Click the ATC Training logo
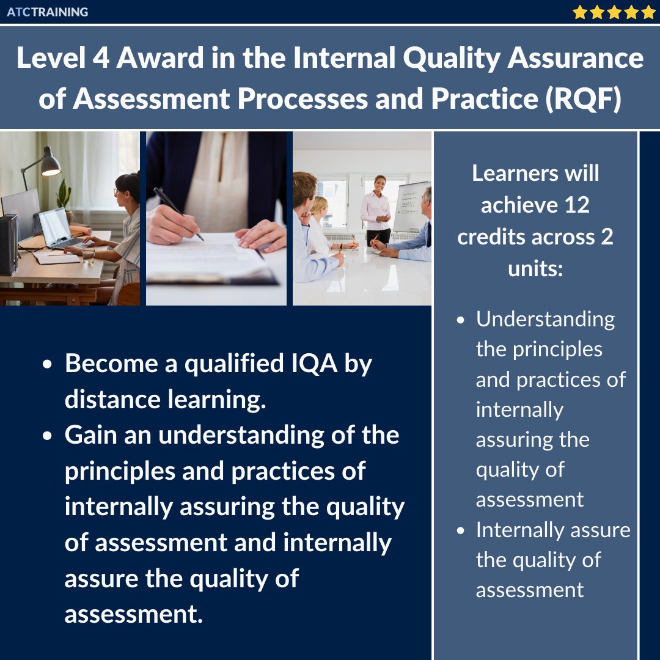pyautogui.click(x=48, y=12)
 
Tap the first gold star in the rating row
pyautogui.click(x=579, y=12)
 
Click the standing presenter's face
pyautogui.click(x=380, y=183)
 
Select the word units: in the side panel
pyautogui.click(x=535, y=269)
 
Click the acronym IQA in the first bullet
pyautogui.click(x=312, y=364)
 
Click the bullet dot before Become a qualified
pyautogui.click(x=48, y=365)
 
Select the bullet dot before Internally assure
pyautogui.click(x=463, y=530)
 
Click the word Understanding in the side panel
pyautogui.click(x=545, y=319)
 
